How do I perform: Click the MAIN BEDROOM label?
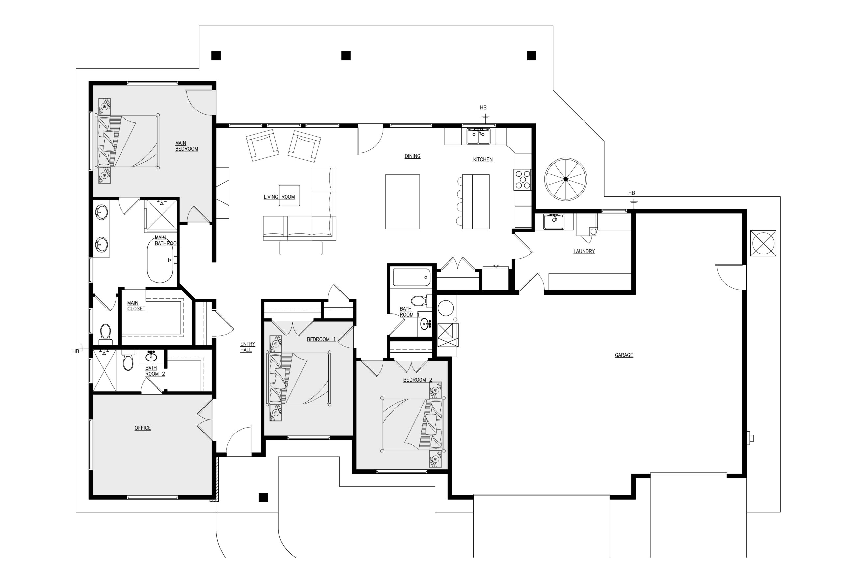tap(186, 146)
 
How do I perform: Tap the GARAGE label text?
tap(624, 355)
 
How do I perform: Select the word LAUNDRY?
tap(584, 251)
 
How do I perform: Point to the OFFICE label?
tap(143, 428)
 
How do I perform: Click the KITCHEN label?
tap(483, 159)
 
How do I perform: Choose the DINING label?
tap(412, 156)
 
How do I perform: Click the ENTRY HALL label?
tap(247, 347)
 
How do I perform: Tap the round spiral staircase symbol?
tap(566, 179)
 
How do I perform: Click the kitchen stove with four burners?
tap(523, 179)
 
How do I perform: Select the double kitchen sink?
tap(478, 137)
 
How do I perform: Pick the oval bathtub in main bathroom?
tap(160, 260)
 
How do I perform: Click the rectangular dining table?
tap(402, 202)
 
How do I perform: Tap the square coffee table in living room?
tap(289, 195)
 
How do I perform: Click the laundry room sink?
tap(554, 222)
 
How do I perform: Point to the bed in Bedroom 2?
tap(413, 425)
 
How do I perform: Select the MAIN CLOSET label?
tap(136, 306)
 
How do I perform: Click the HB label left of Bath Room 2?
tap(76, 351)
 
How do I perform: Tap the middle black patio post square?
tap(346, 56)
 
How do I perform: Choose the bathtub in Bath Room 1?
tap(412, 278)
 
